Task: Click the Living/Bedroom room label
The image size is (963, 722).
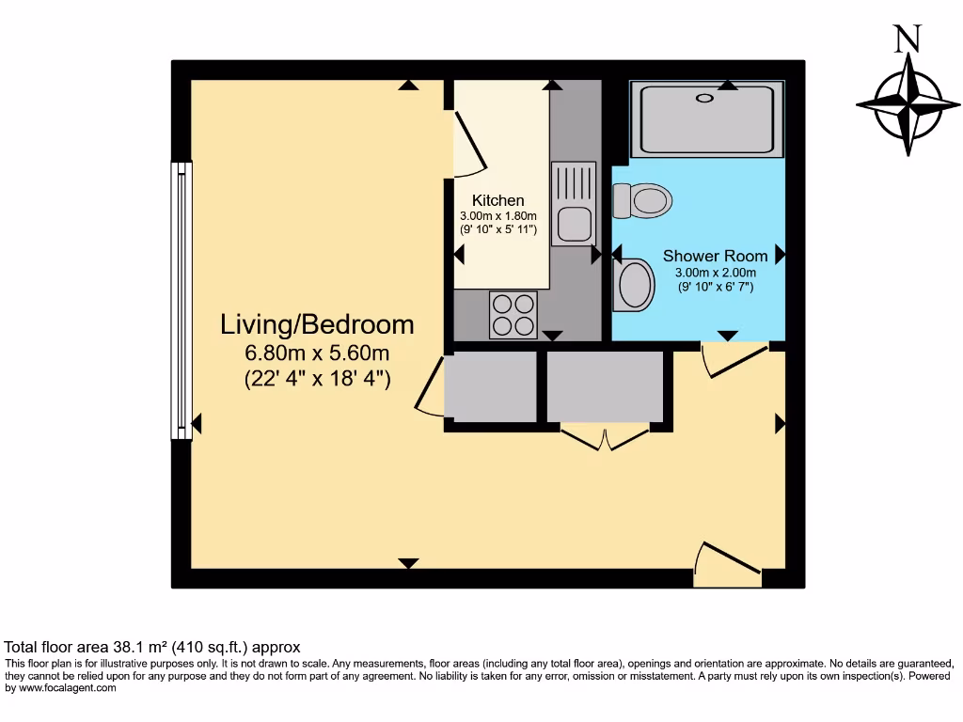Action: [x=317, y=324]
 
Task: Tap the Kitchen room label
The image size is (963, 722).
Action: [x=497, y=200]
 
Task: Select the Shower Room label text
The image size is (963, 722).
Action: [x=715, y=256]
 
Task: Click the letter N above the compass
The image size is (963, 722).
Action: [x=907, y=39]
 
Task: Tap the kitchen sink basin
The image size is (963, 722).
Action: [x=572, y=225]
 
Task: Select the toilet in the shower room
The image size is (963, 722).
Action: [x=642, y=199]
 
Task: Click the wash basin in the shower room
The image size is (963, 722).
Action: [x=634, y=284]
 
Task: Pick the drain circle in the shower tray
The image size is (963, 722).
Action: [x=703, y=98]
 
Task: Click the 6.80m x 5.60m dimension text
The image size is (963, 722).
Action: [x=317, y=353]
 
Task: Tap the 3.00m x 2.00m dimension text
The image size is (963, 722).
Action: [x=715, y=273]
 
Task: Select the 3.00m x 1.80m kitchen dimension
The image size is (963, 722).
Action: [x=497, y=215]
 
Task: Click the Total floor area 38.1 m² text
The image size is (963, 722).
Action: [x=152, y=647]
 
